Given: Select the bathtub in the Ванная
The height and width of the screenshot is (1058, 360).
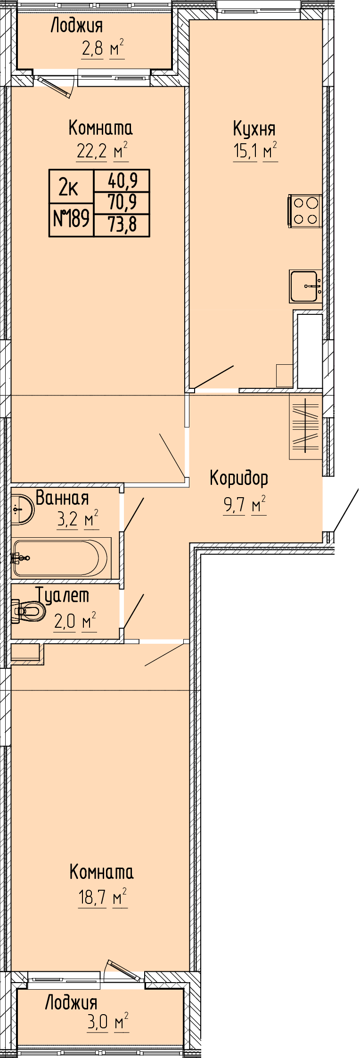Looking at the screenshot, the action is (x=61, y=558).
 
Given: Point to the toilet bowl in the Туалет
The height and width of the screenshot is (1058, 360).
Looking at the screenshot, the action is (x=28, y=612).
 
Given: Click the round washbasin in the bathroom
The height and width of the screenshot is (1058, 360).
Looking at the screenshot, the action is (x=22, y=509).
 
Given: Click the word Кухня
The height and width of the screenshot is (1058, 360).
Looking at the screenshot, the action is (x=254, y=129).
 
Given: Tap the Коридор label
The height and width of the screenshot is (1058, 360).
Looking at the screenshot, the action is (x=239, y=478).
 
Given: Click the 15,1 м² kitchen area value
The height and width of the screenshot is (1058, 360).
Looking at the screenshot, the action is (x=255, y=152).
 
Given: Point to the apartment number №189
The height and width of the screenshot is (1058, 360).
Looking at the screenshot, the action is (x=72, y=219).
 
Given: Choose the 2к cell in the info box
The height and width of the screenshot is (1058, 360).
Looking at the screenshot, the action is (x=68, y=188).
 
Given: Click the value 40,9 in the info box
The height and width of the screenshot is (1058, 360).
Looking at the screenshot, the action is (x=123, y=180).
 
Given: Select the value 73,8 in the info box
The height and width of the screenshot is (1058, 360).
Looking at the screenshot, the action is (x=123, y=225).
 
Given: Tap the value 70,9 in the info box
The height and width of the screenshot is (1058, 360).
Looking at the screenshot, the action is (x=123, y=203).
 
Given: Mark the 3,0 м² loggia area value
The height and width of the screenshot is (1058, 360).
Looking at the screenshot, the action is (x=108, y=1022).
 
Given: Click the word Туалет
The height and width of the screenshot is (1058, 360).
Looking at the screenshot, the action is (x=63, y=596).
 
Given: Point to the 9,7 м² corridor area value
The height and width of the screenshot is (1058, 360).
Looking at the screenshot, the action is (x=245, y=505).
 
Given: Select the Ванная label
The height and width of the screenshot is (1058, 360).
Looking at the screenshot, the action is (x=62, y=498).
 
